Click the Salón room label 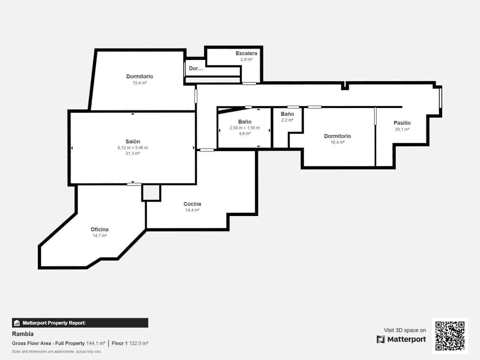pos(133,141)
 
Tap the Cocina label pos(192,204)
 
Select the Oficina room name pos(100,229)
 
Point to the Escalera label pos(246,53)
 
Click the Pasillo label pos(402,123)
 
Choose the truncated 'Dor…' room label pos(196,68)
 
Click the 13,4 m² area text pos(139,83)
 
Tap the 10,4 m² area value pos(337,142)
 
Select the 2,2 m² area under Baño pos(287,120)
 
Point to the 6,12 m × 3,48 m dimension pos(133,148)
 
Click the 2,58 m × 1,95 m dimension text pos(245,128)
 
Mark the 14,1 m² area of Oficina pos(100,235)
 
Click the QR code pos(450,336)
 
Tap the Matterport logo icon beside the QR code pos(381,339)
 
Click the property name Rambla pos(23,334)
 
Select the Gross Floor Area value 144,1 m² pos(96,343)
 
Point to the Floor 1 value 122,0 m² pos(139,343)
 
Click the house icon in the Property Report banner pos(17,323)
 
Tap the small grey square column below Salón pos(151,193)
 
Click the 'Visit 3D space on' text pos(405,330)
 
